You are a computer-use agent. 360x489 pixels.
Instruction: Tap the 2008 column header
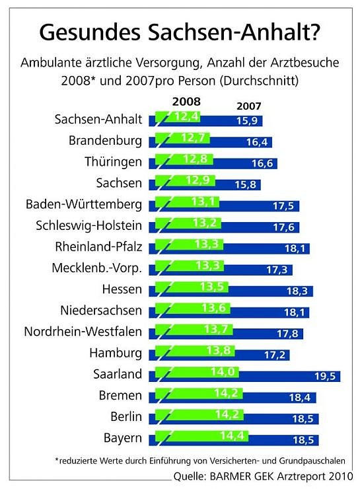click(186, 102)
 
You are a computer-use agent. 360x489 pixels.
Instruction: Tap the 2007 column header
click(248, 105)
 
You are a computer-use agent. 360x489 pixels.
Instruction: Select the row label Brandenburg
click(105, 141)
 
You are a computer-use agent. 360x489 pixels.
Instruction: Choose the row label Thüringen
click(113, 161)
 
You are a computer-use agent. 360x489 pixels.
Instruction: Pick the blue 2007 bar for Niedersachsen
click(271, 312)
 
